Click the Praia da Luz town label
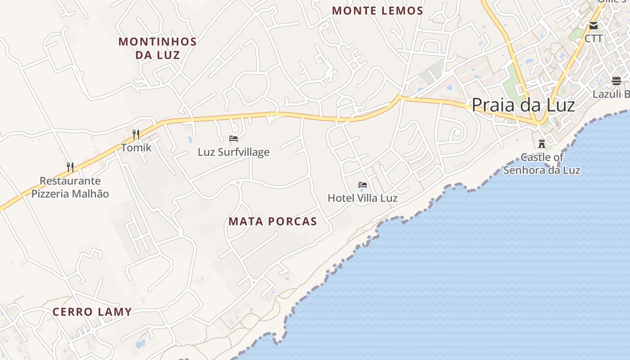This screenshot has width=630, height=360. coord(523,105)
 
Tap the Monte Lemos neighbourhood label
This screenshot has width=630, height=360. coord(378,11)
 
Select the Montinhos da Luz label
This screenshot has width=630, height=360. coord(157,49)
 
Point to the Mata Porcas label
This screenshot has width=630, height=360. coord(273,221)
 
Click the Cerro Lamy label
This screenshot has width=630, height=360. coord(92,312)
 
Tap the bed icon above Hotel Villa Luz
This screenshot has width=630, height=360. coord(363,185)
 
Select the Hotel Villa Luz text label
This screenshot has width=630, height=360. coord(363,198)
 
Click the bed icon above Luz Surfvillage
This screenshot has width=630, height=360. coord(234,139)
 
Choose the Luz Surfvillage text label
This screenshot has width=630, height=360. coord(234,152)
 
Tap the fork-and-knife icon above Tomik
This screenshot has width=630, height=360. coord(136,134)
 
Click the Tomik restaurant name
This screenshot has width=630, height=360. coord(136,148)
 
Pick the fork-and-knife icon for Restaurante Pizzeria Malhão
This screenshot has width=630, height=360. coord(70,167)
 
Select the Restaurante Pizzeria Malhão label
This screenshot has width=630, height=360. coord(70,187)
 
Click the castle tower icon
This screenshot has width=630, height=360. coord(542,144)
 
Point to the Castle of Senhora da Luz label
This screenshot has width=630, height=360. coord(542,164)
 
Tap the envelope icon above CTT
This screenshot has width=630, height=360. coord(594,26)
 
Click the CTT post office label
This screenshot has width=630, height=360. coord(594,39)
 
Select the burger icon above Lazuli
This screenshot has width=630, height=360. coord(616,81)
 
